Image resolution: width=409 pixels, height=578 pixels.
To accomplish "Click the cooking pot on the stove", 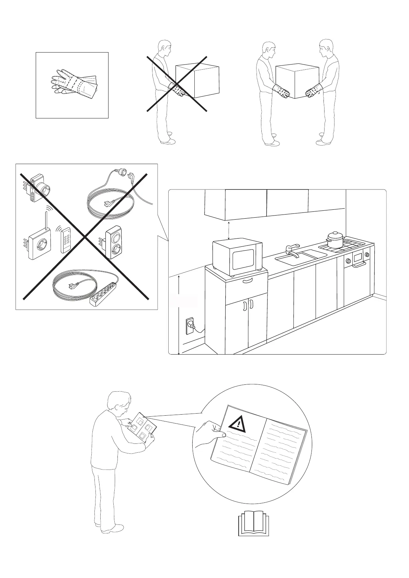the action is point(334,240).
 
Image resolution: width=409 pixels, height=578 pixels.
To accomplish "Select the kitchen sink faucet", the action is point(292,250).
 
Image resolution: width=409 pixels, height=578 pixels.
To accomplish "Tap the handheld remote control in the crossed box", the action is point(66,241).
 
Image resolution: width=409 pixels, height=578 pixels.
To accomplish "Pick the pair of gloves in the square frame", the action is point(73,83).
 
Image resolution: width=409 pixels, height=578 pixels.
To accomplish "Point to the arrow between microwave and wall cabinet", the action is point(229,230).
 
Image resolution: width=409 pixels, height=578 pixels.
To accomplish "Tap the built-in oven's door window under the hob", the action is point(358,256).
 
